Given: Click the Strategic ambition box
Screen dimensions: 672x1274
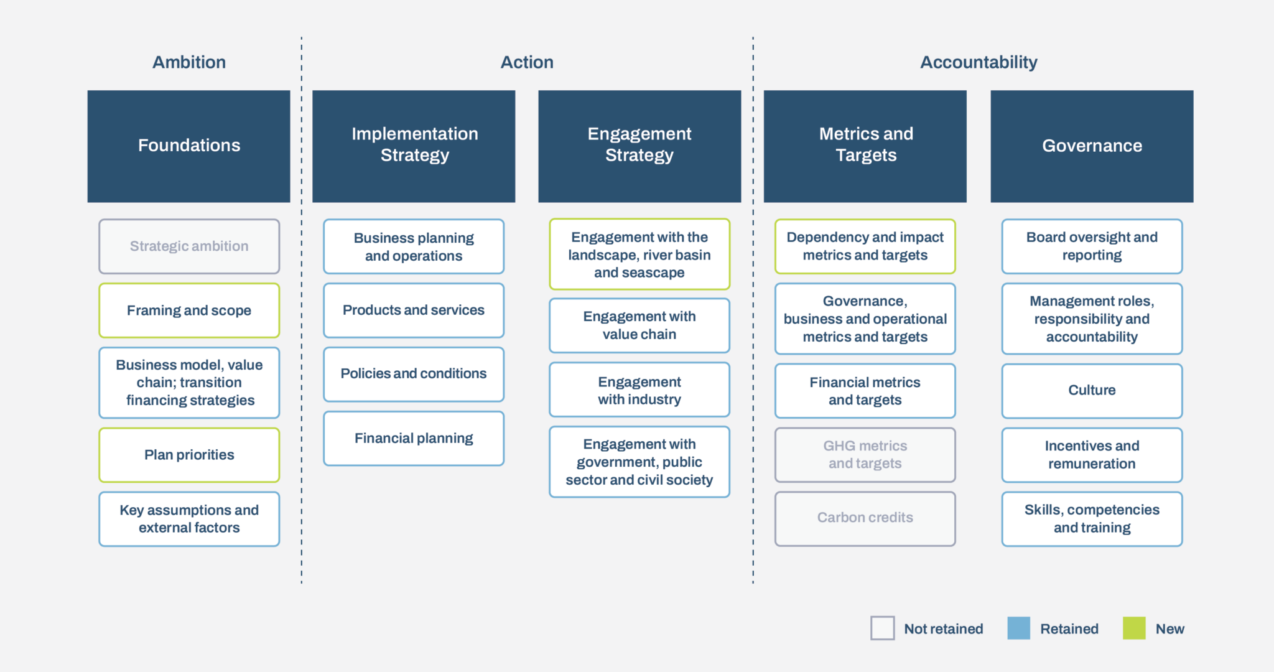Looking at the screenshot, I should click(189, 246).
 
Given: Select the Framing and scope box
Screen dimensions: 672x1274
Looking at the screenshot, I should click(189, 310).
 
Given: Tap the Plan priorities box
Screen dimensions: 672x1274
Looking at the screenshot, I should click(189, 455).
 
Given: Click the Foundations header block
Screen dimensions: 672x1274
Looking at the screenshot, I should click(189, 146).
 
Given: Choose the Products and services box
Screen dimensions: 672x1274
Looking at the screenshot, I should click(414, 310).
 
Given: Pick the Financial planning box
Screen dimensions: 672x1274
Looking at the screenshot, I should click(414, 439).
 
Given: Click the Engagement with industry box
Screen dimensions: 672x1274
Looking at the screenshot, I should click(639, 390).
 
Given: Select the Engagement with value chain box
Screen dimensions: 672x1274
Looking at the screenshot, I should click(639, 325).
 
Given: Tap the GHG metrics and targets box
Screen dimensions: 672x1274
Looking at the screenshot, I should click(865, 455).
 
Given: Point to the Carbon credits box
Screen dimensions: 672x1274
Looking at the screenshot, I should click(865, 518).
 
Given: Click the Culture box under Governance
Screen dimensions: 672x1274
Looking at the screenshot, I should click(1092, 391).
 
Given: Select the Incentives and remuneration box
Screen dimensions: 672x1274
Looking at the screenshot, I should click(1092, 455).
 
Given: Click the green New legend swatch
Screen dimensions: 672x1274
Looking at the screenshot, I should click(1134, 628).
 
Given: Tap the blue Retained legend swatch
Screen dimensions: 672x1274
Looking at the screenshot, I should click(1019, 628).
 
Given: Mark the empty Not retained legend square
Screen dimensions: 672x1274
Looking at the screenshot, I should click(883, 628).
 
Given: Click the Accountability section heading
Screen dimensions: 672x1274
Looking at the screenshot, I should click(979, 62).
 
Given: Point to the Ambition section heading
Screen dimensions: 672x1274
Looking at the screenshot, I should click(189, 62).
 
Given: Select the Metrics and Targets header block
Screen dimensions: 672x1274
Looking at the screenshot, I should click(865, 146).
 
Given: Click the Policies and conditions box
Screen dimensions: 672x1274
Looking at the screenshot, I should click(414, 374).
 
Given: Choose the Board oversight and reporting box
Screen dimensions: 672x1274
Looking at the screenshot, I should click(1092, 246).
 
